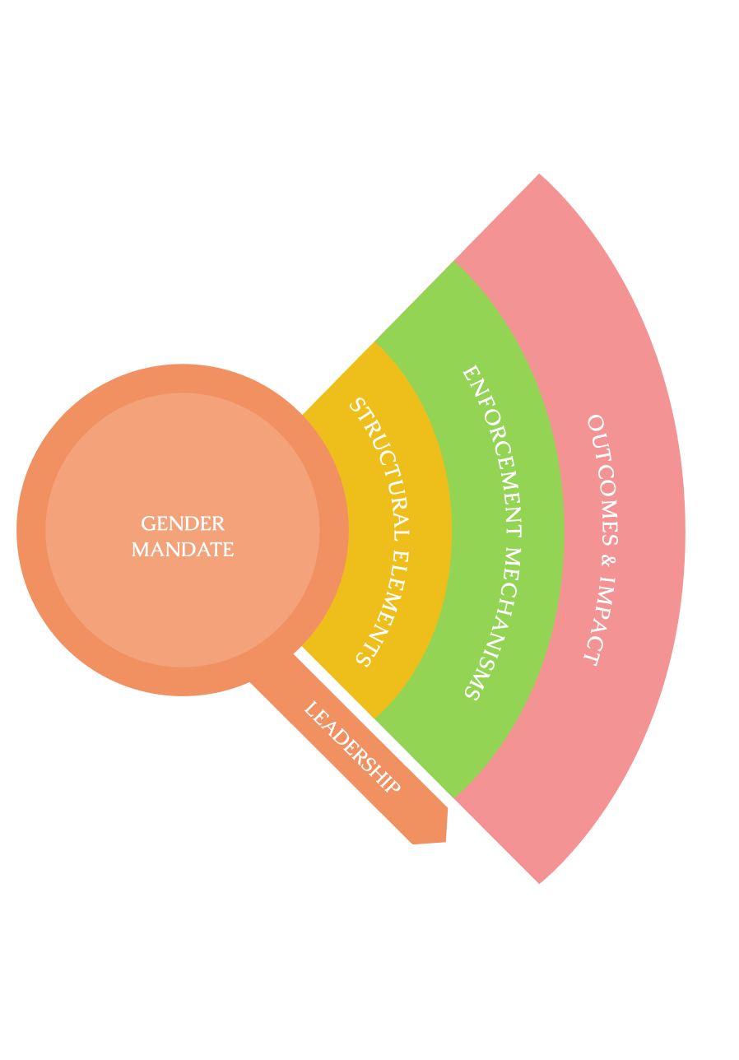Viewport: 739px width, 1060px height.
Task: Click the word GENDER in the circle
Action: click(x=183, y=524)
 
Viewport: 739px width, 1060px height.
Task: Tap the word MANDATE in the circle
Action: click(x=183, y=550)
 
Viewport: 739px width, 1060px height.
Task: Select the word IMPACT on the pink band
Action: click(x=601, y=622)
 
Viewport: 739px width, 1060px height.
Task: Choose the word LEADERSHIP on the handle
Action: click(x=351, y=748)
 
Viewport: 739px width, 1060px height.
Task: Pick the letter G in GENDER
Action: click(x=148, y=524)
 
